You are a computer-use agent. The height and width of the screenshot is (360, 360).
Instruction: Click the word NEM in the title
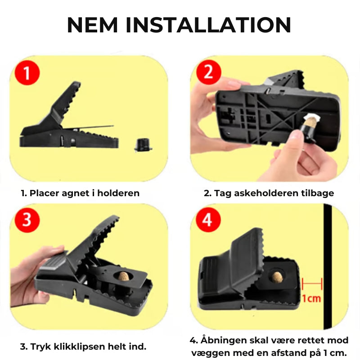tap(93, 25)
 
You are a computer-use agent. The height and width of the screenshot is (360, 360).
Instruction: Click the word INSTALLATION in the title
tap(208, 25)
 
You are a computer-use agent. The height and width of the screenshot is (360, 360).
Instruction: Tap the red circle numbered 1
tap(27, 73)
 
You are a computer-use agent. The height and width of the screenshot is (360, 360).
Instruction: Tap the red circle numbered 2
tap(209, 72)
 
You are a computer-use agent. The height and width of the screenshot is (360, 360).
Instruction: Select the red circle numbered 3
tap(27, 220)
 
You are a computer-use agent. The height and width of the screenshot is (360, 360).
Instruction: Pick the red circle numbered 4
tap(208, 220)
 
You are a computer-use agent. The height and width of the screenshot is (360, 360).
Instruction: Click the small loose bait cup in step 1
tap(143, 144)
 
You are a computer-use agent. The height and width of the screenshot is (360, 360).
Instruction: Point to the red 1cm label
tap(311, 298)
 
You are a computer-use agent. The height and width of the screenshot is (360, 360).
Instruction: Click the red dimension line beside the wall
tap(312, 284)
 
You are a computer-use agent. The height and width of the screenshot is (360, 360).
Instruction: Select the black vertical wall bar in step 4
tap(328, 266)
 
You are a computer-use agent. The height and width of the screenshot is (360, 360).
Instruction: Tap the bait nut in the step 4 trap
tap(277, 277)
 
